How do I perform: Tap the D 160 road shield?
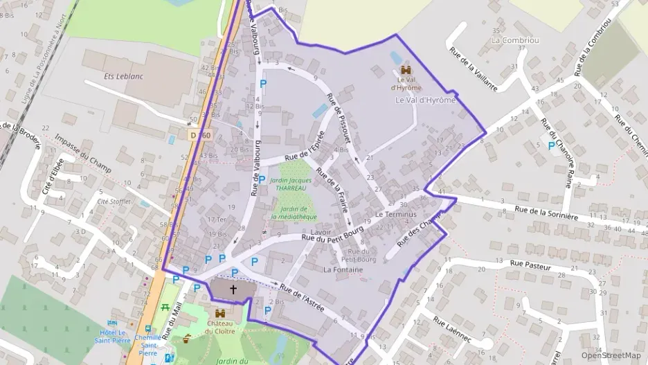[x=199, y=134]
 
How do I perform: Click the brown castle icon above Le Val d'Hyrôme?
[x=405, y=71]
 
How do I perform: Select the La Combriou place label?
[x=514, y=40]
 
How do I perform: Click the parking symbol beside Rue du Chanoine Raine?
[x=551, y=146]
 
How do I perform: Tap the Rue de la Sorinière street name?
[x=547, y=212]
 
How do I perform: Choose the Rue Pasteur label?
[x=530, y=264]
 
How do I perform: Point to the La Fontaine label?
[x=343, y=269]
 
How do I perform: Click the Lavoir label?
[x=321, y=232]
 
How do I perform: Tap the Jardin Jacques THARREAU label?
[x=293, y=184]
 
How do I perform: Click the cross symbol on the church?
[x=233, y=289]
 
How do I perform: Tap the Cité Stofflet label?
[x=115, y=202]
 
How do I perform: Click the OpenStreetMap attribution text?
[x=611, y=355]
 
